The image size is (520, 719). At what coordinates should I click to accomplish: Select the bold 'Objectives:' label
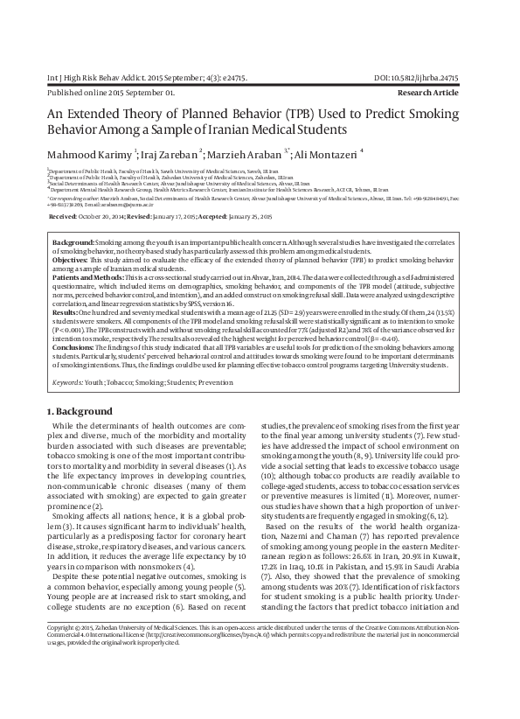70,261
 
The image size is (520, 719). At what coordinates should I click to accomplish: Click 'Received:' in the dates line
63,215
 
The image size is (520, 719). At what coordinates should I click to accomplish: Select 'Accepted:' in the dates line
206,215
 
